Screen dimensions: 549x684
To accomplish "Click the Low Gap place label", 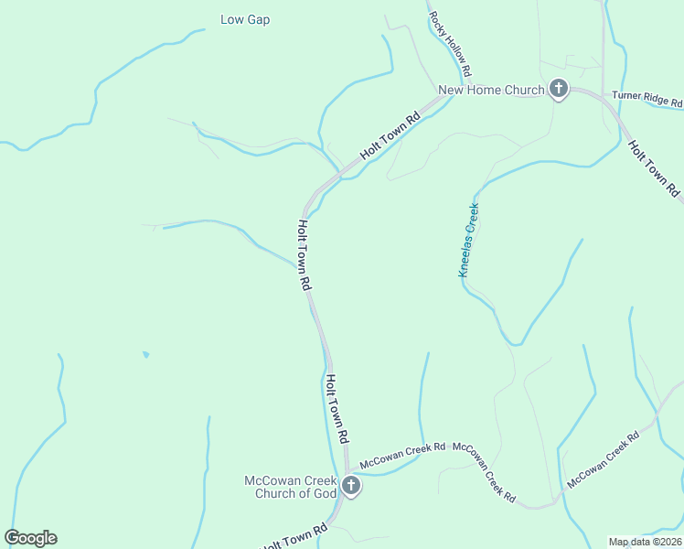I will [x=245, y=19].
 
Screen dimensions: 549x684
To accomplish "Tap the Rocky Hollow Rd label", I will [x=451, y=45].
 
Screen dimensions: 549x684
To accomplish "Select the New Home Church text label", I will [x=491, y=90].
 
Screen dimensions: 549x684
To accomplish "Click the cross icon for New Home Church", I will [x=558, y=90].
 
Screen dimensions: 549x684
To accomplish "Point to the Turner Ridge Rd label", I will [x=647, y=96].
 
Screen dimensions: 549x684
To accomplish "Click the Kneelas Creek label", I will [x=469, y=240].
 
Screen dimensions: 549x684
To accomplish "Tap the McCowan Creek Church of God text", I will [x=290, y=488].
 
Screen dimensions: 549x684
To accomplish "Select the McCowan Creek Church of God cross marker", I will [x=351, y=489].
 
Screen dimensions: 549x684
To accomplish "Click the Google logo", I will [x=30, y=538].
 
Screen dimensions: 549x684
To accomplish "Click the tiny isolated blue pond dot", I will [x=145, y=354].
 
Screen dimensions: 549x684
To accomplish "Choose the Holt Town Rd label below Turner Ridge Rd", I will [x=655, y=168].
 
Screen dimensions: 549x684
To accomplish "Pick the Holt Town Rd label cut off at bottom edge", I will [x=294, y=538].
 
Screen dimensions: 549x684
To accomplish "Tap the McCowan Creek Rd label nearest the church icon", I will [x=402, y=455].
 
